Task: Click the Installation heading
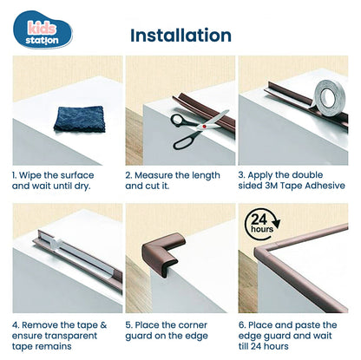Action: pyautogui.click(x=180, y=36)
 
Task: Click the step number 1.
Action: pyautogui.click(x=15, y=174)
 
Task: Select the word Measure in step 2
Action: pyautogui.click(x=159, y=174)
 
